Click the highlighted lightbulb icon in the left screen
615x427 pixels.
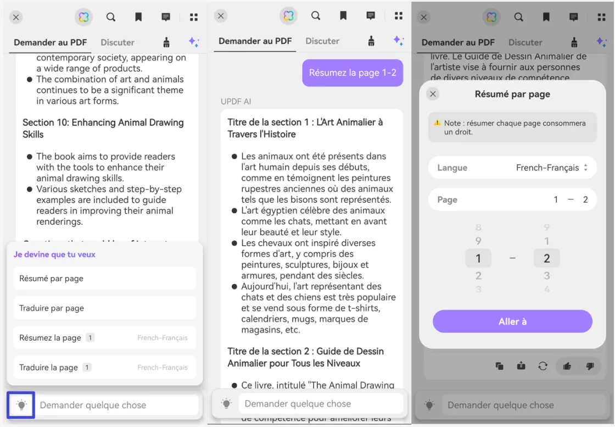(x=21, y=405)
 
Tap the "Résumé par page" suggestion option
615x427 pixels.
(x=104, y=278)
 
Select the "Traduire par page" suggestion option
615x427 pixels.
(x=104, y=308)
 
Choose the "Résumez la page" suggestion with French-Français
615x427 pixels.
(x=104, y=337)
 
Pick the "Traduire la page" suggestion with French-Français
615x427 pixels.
(x=104, y=367)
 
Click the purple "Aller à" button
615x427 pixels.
(x=512, y=321)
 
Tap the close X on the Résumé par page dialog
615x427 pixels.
(x=433, y=94)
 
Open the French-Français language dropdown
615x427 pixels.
(x=551, y=168)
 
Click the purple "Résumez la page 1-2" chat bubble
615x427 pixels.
(x=352, y=73)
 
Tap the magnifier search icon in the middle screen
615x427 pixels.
(x=316, y=16)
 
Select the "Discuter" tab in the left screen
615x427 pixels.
(x=118, y=42)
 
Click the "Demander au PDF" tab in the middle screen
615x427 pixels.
(x=255, y=41)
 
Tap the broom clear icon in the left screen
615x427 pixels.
(x=166, y=42)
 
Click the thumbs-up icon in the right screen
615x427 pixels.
(x=567, y=366)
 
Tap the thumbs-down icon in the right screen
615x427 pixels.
(x=590, y=366)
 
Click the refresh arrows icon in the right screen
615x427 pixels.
(x=543, y=366)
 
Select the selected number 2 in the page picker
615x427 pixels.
(x=546, y=258)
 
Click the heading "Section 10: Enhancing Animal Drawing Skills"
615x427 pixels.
(x=103, y=128)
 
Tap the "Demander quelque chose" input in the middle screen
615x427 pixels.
(x=320, y=404)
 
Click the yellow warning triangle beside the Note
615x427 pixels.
(x=437, y=123)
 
